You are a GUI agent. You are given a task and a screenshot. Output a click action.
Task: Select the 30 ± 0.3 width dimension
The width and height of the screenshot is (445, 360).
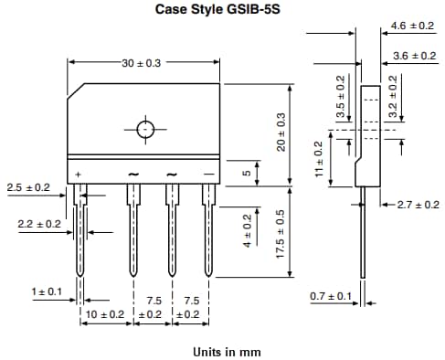[142, 63]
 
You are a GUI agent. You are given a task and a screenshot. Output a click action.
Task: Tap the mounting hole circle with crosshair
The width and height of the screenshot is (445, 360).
[145, 129]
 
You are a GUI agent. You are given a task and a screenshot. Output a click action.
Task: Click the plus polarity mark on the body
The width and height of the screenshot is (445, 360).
[79, 174]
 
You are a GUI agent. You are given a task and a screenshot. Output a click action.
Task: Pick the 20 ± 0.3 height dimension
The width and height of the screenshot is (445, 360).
[281, 132]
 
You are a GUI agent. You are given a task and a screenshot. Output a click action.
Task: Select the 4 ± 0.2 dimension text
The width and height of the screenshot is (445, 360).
[246, 233]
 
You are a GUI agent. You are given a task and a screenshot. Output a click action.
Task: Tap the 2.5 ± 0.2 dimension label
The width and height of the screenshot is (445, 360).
[27, 187]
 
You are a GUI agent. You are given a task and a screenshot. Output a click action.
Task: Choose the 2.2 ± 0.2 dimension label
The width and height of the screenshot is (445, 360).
[39, 224]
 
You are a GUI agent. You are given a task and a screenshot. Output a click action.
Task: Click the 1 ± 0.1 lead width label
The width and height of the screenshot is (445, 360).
[48, 291]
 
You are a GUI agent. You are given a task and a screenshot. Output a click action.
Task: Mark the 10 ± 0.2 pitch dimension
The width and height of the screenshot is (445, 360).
[105, 313]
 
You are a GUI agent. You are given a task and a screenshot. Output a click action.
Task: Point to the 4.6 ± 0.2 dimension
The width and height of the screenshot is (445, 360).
[412, 26]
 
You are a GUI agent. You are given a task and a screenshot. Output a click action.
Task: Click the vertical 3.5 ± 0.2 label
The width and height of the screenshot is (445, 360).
[340, 98]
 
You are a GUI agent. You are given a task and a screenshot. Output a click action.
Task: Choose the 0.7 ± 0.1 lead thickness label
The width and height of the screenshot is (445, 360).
[331, 296]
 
